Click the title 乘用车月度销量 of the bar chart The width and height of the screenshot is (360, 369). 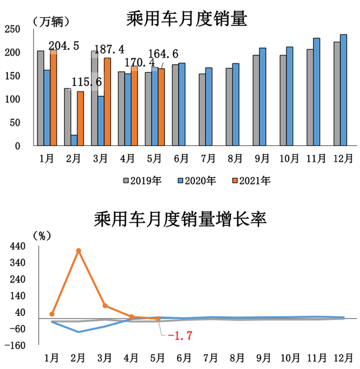(x=187, y=20)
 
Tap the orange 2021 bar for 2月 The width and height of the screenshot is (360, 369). (x=80, y=118)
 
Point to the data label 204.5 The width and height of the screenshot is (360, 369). (x=64, y=46)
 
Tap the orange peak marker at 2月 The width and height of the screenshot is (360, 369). (x=79, y=251)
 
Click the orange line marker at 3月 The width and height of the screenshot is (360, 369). (x=105, y=306)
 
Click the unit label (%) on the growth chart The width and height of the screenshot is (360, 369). (x=42, y=235)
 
